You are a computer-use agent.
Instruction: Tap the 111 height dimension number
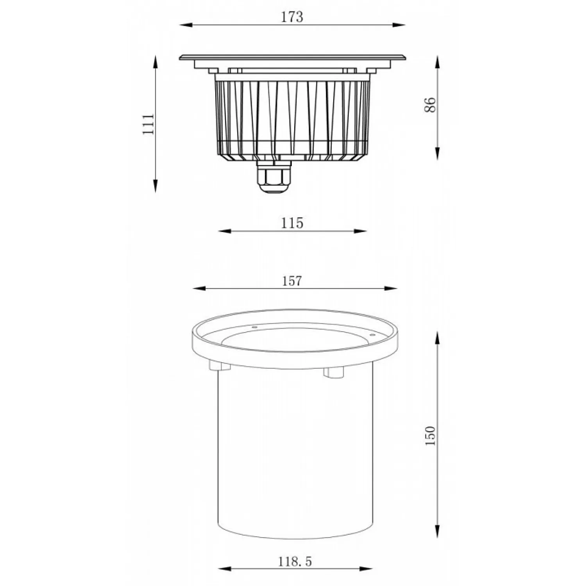[148, 124]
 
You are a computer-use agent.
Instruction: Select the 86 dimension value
[430, 105]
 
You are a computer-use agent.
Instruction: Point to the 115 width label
[292, 223]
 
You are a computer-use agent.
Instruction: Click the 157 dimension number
[292, 280]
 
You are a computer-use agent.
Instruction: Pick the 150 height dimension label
[430, 436]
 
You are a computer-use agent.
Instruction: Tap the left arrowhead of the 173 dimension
[186, 25]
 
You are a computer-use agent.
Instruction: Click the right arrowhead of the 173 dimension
[398, 25]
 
